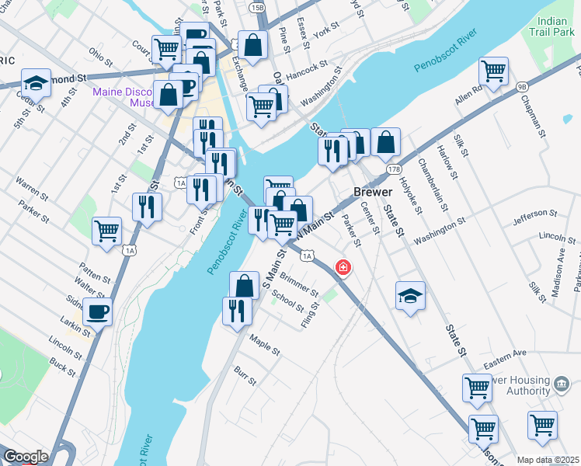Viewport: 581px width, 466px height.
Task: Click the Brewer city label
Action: point(372,192)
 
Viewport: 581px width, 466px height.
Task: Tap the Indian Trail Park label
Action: point(553,26)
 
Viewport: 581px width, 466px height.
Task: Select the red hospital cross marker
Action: point(342,268)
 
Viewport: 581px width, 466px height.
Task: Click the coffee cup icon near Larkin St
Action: point(97,312)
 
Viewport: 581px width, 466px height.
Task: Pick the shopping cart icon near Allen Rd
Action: point(494,71)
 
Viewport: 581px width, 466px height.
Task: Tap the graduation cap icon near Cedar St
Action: point(36,82)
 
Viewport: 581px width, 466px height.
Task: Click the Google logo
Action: point(26,457)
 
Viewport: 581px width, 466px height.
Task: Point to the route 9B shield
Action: point(521,87)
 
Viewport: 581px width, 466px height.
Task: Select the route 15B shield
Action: point(257,8)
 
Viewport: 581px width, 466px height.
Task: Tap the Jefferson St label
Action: point(534,213)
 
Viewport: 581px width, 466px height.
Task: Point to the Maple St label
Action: point(264,344)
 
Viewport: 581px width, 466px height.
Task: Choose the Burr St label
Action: point(245,377)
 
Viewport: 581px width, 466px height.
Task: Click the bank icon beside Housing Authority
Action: point(559,383)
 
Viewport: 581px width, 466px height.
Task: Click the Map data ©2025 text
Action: point(548,460)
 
